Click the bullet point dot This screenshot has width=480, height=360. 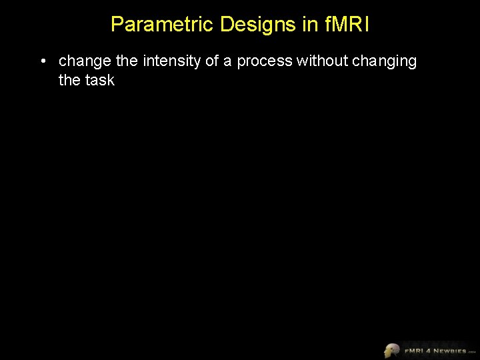[42, 62]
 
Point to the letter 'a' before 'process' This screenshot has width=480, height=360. [229, 62]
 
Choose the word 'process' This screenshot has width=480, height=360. [265, 62]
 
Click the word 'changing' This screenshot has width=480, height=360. [384, 62]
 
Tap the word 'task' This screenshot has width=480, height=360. [99, 81]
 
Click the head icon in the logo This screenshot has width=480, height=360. [392, 350]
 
